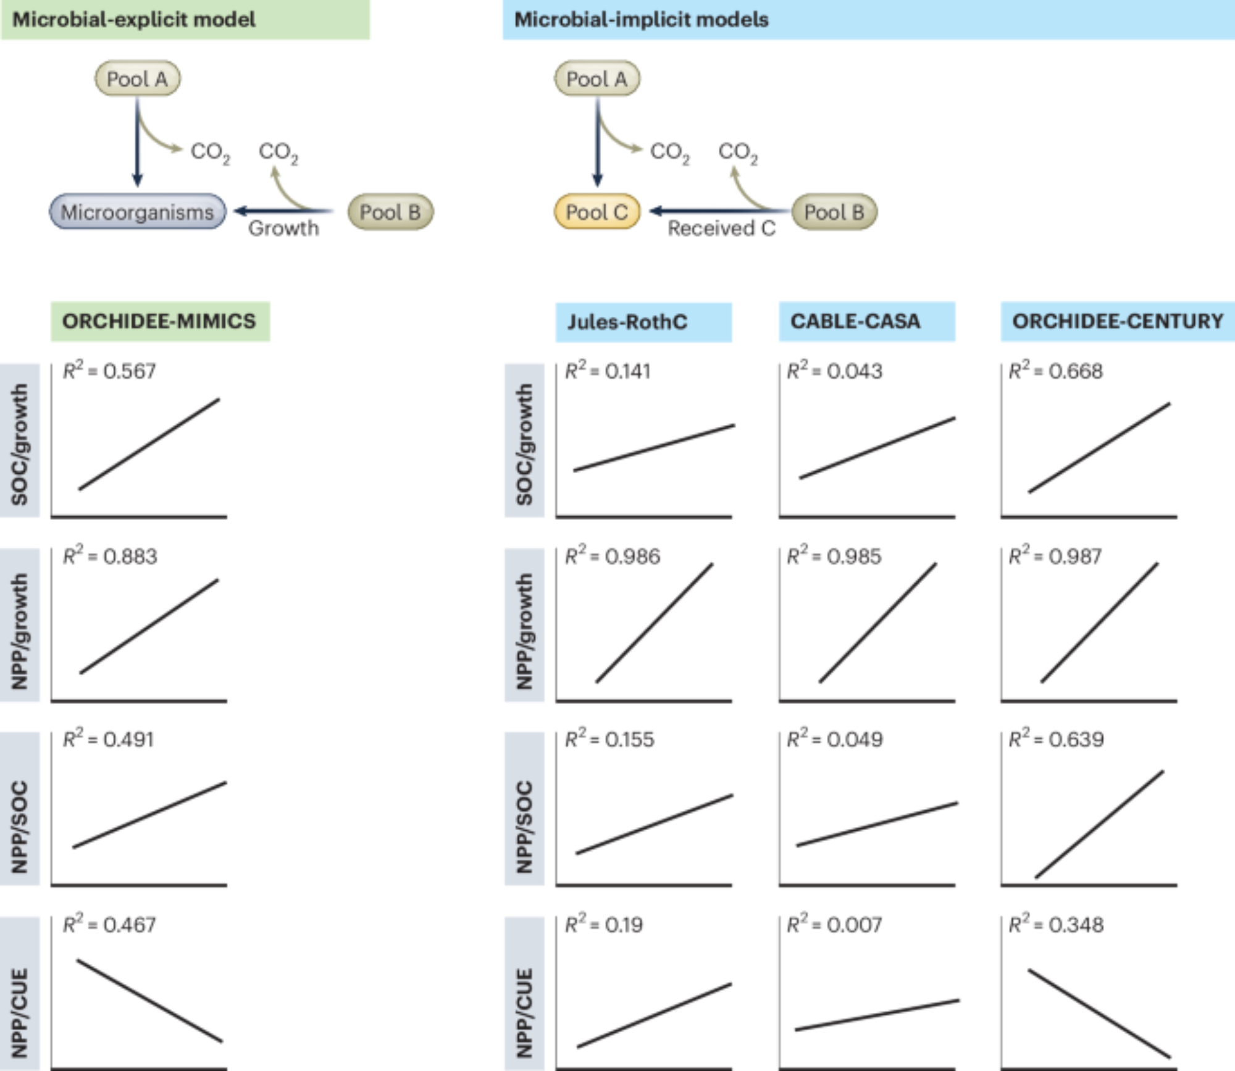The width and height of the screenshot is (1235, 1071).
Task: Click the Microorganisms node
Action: [x=137, y=212]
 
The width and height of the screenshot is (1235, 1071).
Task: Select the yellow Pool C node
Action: [x=597, y=212]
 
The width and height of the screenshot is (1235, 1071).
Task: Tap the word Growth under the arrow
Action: [x=283, y=229]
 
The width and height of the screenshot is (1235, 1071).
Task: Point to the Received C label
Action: [x=721, y=229]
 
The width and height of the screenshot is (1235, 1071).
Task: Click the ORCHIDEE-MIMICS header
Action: [x=159, y=321]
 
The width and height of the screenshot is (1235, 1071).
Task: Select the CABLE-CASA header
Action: [x=855, y=321]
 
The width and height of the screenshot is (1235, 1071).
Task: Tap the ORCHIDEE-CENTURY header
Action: [x=1117, y=321]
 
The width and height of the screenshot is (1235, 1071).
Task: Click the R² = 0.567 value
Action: [x=109, y=371]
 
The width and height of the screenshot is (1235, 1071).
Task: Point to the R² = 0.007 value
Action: [x=834, y=925]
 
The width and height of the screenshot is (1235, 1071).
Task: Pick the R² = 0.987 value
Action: [x=1055, y=556]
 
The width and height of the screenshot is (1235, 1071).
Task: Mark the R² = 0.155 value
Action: [x=609, y=739]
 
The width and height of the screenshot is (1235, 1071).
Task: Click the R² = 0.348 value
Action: [x=1056, y=925]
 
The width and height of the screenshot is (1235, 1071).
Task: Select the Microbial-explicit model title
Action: [x=134, y=19]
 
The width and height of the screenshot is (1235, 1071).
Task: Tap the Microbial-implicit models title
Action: [x=641, y=19]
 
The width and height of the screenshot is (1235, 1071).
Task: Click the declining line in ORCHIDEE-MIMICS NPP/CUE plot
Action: [x=149, y=1001]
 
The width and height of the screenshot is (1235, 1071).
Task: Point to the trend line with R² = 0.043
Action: [x=877, y=448]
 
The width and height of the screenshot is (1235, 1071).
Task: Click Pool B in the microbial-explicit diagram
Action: [x=390, y=212]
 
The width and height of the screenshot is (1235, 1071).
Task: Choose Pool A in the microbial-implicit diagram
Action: [x=597, y=78]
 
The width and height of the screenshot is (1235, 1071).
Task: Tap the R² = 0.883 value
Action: [x=110, y=556]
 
